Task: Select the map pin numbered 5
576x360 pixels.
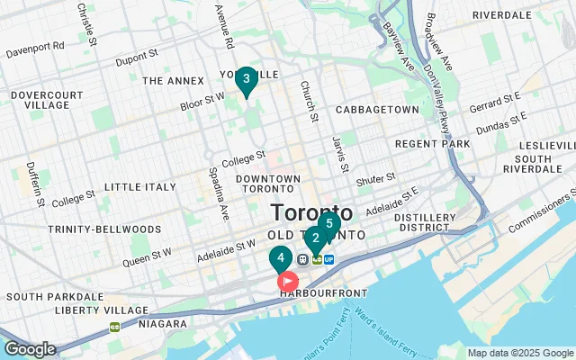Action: coord(328,223)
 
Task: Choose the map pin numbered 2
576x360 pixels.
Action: coord(315,239)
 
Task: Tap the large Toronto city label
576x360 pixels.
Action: coord(312,214)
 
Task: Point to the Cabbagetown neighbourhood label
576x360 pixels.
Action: coord(376,110)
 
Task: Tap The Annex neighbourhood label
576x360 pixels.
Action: coord(169,81)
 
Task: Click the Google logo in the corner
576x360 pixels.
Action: coord(30,348)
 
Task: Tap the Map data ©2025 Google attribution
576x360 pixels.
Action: coord(519,353)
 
